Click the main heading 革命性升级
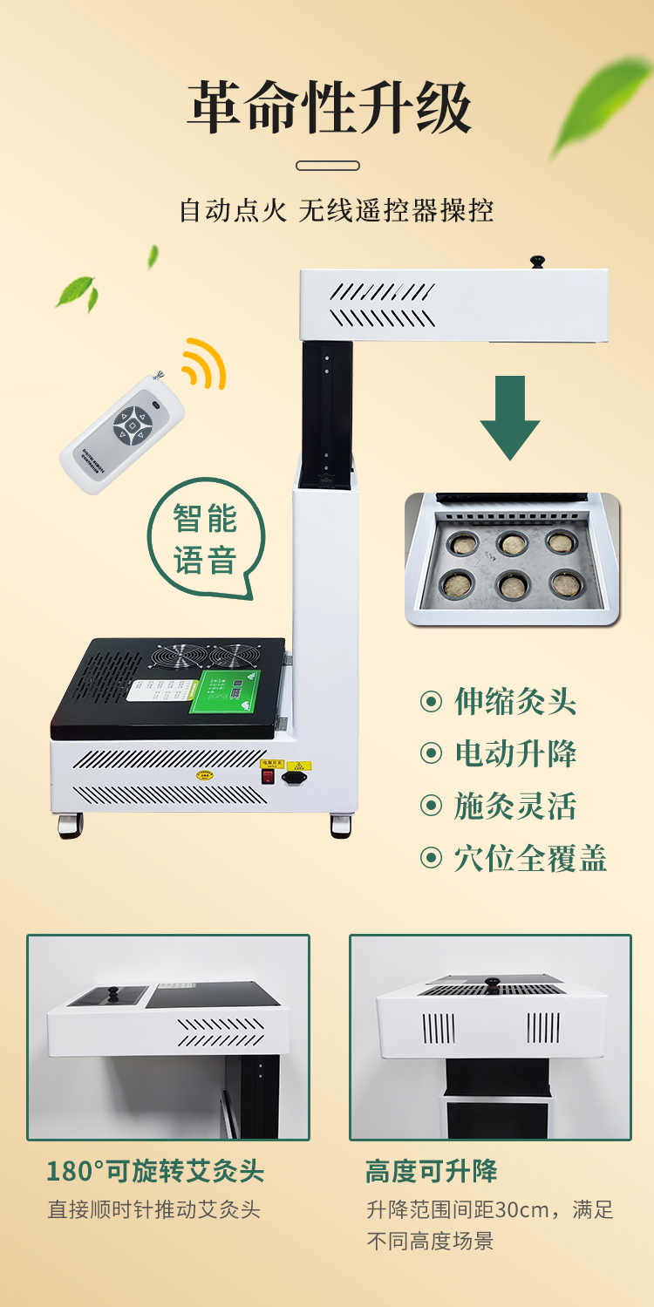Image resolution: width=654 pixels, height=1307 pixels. (x=329, y=107)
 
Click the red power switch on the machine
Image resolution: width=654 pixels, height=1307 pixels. (x=269, y=776)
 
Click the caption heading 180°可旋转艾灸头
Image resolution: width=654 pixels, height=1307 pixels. (x=155, y=1171)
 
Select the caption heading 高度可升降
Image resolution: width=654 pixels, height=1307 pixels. (x=432, y=1171)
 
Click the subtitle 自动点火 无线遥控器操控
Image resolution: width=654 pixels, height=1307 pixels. (x=337, y=211)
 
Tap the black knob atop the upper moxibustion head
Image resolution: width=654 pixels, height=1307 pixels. (x=537, y=261)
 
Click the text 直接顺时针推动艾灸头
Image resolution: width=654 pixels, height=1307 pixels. (x=153, y=1209)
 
